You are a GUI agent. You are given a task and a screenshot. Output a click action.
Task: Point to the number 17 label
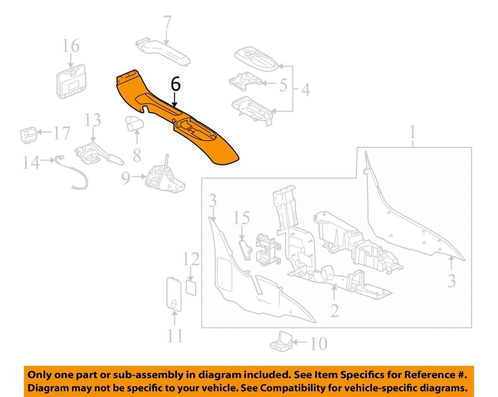click(x=61, y=134)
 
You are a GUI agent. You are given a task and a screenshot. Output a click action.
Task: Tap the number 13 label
click(x=93, y=121)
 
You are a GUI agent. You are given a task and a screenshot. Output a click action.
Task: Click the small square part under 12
click(x=191, y=286)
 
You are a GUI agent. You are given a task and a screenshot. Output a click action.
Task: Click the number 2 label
click(x=335, y=310)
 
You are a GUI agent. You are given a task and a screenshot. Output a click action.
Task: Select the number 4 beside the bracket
click(x=305, y=89)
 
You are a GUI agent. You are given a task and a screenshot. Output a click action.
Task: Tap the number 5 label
click(x=283, y=85)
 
